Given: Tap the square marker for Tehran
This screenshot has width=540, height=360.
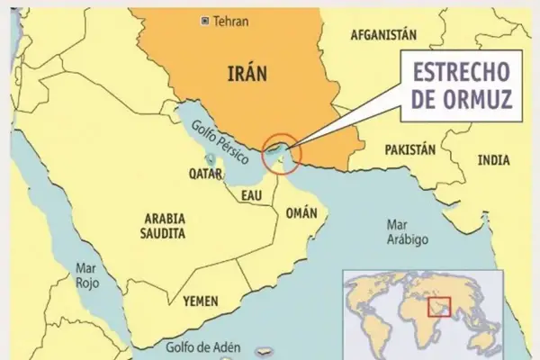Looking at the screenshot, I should tap(206, 20).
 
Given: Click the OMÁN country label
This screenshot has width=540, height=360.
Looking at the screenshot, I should tap(302, 213).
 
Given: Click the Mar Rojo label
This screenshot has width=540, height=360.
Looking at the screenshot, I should tap(85, 274).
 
